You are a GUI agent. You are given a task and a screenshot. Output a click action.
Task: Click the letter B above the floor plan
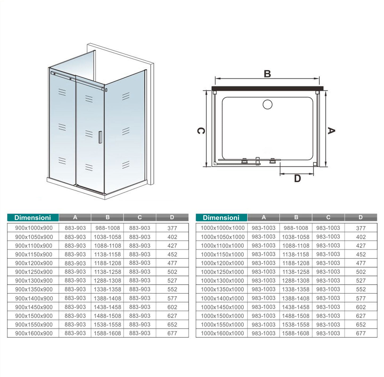(267, 74)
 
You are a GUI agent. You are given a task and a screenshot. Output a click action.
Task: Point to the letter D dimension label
(297, 179)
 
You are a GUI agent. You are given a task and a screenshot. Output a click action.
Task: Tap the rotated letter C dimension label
(201, 131)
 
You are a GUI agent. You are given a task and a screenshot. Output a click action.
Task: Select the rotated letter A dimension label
(331, 131)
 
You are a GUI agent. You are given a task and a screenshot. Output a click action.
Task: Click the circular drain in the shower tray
(267, 104)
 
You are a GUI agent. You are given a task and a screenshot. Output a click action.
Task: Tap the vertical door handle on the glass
(100, 137)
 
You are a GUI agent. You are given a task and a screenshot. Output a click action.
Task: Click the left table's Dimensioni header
(33, 218)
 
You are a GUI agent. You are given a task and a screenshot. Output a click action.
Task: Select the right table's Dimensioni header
(221, 218)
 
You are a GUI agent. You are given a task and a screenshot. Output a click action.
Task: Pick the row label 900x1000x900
(34, 228)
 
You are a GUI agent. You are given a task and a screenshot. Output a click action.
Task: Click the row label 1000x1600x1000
(222, 333)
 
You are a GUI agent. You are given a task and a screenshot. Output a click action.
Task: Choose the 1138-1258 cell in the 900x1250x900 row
(107, 272)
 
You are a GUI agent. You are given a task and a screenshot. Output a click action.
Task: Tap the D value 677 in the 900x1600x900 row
(172, 333)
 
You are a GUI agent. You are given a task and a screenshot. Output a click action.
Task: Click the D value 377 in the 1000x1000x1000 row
(361, 228)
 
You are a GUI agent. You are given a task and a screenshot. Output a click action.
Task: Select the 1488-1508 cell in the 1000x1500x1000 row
(296, 316)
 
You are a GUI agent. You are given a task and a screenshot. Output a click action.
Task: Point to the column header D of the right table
(360, 217)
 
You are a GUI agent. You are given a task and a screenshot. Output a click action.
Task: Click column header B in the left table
(107, 217)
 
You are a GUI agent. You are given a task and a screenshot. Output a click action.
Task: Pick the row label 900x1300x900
(34, 281)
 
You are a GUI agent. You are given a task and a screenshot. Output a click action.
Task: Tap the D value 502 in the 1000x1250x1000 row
(361, 272)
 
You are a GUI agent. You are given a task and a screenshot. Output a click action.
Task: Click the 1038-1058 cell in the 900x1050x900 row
(107, 237)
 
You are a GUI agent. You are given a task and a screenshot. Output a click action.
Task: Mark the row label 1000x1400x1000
(222, 298)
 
